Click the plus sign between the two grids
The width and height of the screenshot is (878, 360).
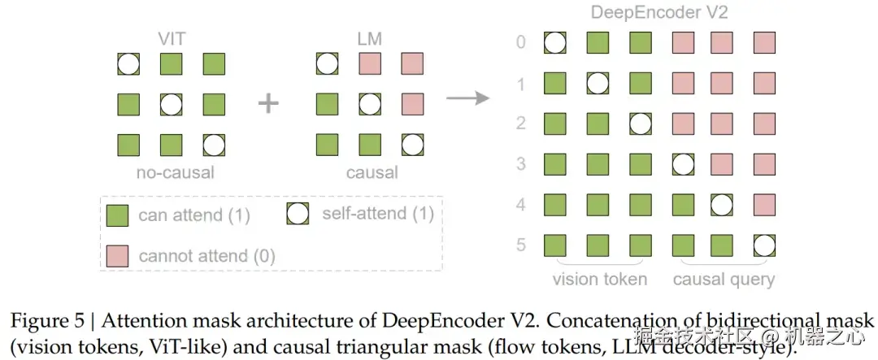(x=268, y=104)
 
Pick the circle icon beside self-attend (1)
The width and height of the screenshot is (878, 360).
(x=298, y=214)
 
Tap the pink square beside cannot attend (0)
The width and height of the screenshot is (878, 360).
(x=117, y=255)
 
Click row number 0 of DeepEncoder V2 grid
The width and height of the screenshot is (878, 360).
(x=521, y=42)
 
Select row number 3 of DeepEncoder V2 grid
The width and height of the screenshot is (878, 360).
(x=521, y=164)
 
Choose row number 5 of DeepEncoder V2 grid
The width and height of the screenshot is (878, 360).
(x=521, y=245)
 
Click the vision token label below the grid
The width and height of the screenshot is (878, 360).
(x=600, y=280)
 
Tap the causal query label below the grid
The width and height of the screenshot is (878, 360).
(x=724, y=280)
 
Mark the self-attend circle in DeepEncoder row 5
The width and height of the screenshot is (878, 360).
(x=764, y=245)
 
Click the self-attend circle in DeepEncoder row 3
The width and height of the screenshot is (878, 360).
(x=681, y=164)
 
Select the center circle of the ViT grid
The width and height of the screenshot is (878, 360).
(x=170, y=104)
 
